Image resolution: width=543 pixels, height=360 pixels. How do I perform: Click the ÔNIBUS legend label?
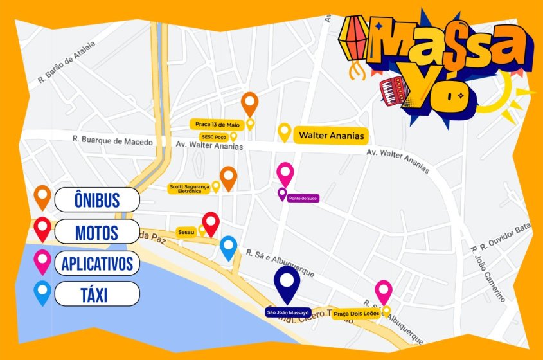96,199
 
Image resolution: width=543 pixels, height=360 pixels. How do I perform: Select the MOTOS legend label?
96,231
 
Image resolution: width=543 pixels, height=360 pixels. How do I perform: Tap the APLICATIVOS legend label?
97,262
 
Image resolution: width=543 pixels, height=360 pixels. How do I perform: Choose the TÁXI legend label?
96,294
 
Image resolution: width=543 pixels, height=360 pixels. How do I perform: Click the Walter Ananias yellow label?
330,135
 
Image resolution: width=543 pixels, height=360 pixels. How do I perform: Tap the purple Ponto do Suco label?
303,198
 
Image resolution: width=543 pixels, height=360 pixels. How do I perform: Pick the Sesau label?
186,231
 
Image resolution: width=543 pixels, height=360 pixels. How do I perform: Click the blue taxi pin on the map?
228,247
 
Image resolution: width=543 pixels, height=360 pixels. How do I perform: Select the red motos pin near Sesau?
211,223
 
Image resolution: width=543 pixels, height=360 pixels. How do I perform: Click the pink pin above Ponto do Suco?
285,173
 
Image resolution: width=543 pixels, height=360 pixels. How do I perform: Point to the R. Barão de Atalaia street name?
66,62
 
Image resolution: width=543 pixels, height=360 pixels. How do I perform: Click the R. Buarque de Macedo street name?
112,141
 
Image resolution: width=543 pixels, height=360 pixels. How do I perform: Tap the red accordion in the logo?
394,90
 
